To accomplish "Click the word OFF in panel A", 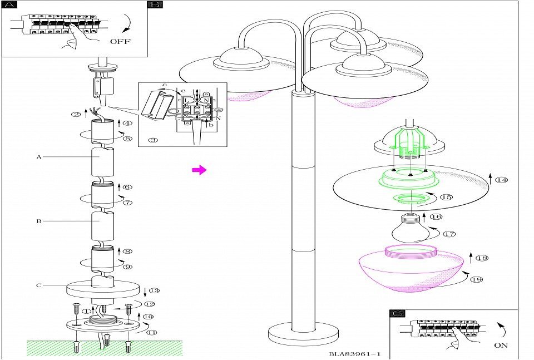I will click(121, 41).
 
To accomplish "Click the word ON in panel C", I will click(501, 346).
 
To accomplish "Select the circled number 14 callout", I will click(502, 180).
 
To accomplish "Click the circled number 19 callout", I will click(476, 280).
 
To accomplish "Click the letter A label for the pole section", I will click(39, 157).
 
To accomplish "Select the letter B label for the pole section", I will click(39, 221).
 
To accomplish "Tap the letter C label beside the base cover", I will click(39, 285).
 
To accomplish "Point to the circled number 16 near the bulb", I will click(436, 216).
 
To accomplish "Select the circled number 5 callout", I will click(127, 139).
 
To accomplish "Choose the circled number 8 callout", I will click(127, 251).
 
